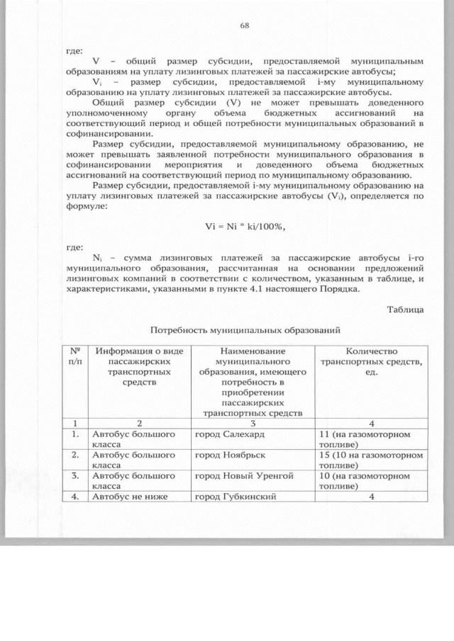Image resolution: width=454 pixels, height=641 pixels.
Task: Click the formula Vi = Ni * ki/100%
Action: tap(245, 226)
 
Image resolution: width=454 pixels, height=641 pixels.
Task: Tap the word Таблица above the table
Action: tap(406, 308)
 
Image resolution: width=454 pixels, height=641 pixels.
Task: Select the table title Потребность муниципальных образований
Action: tap(245, 330)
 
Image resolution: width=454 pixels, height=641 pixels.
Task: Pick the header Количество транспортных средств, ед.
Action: tap(371, 362)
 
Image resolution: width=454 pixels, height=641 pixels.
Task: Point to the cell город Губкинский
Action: tap(236, 497)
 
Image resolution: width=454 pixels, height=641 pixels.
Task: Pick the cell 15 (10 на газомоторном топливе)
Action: tap(367, 460)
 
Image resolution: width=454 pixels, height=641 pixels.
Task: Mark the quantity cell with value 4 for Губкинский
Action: tap(371, 497)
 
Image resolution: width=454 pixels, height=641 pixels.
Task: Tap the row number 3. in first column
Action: tap(73, 476)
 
